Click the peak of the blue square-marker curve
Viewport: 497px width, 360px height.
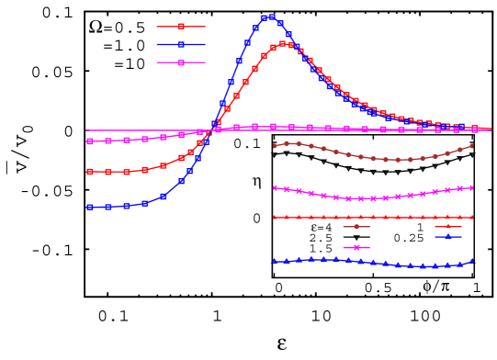click(268, 17)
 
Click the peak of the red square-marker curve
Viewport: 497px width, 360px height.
click(283, 43)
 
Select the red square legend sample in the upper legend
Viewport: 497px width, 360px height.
click(181, 26)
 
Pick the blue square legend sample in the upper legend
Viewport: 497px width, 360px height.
click(181, 44)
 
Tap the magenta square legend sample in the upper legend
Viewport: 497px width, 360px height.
click(181, 62)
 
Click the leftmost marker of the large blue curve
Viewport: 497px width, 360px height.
click(90, 208)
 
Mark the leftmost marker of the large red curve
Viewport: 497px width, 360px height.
click(90, 172)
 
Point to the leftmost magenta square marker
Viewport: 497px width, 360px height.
click(90, 141)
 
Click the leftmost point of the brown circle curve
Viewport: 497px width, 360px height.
click(275, 146)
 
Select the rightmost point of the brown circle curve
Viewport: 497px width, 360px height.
click(472, 146)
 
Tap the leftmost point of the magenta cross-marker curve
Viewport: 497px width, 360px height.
click(276, 188)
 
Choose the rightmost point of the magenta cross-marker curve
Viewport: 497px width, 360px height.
click(471, 187)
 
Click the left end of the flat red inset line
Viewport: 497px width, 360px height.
click(275, 218)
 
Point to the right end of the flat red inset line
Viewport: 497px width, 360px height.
click(472, 218)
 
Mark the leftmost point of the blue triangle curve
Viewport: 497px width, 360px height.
click(275, 262)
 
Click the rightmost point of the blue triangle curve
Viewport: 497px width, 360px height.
click(472, 262)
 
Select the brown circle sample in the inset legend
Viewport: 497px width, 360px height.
click(356, 226)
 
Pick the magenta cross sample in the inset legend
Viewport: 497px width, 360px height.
click(356, 247)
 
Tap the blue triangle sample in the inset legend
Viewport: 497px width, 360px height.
click(448, 237)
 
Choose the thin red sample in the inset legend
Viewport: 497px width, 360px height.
click(448, 226)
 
